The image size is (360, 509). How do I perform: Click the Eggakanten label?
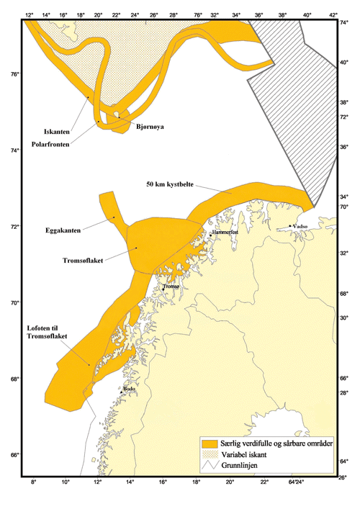[x=81, y=230]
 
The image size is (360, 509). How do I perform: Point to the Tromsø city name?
[x=171, y=287]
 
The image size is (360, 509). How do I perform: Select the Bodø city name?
[x=130, y=389]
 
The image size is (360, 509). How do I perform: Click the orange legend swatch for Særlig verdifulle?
[x=211, y=442]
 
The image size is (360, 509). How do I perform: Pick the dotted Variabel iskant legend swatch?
[x=211, y=454]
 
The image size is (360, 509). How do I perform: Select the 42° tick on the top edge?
[x=333, y=14]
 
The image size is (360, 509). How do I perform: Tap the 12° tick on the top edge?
[x=29, y=14]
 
